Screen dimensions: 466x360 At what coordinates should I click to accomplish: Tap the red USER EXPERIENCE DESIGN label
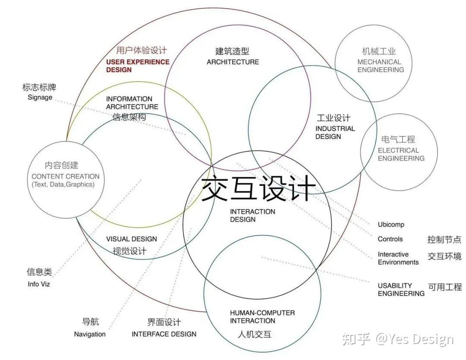(138, 66)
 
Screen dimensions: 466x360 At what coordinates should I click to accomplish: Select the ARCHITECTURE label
(233, 62)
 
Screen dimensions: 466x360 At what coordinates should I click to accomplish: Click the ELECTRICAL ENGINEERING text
(401, 154)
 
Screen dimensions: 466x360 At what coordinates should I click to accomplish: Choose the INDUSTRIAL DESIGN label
(335, 132)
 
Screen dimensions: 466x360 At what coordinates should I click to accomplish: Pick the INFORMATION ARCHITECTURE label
(132, 103)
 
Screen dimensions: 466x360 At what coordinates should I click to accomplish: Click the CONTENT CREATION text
(66, 176)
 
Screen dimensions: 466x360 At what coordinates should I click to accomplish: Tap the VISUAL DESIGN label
(131, 239)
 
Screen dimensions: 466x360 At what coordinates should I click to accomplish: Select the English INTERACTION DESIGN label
(252, 216)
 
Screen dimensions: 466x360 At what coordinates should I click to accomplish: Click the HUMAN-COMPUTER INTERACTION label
(262, 316)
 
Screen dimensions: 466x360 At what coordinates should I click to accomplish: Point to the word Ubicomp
(391, 225)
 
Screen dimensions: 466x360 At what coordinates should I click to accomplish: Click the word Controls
(390, 239)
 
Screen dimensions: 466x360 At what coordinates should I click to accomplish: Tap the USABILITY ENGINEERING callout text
(401, 289)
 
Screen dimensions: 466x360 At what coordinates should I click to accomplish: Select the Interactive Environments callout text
(398, 258)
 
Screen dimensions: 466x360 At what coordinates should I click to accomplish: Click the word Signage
(40, 97)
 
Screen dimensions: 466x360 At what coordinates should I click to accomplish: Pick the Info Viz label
(39, 284)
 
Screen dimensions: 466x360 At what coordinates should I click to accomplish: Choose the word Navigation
(90, 334)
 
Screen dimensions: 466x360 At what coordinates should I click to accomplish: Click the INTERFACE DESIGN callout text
(164, 334)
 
